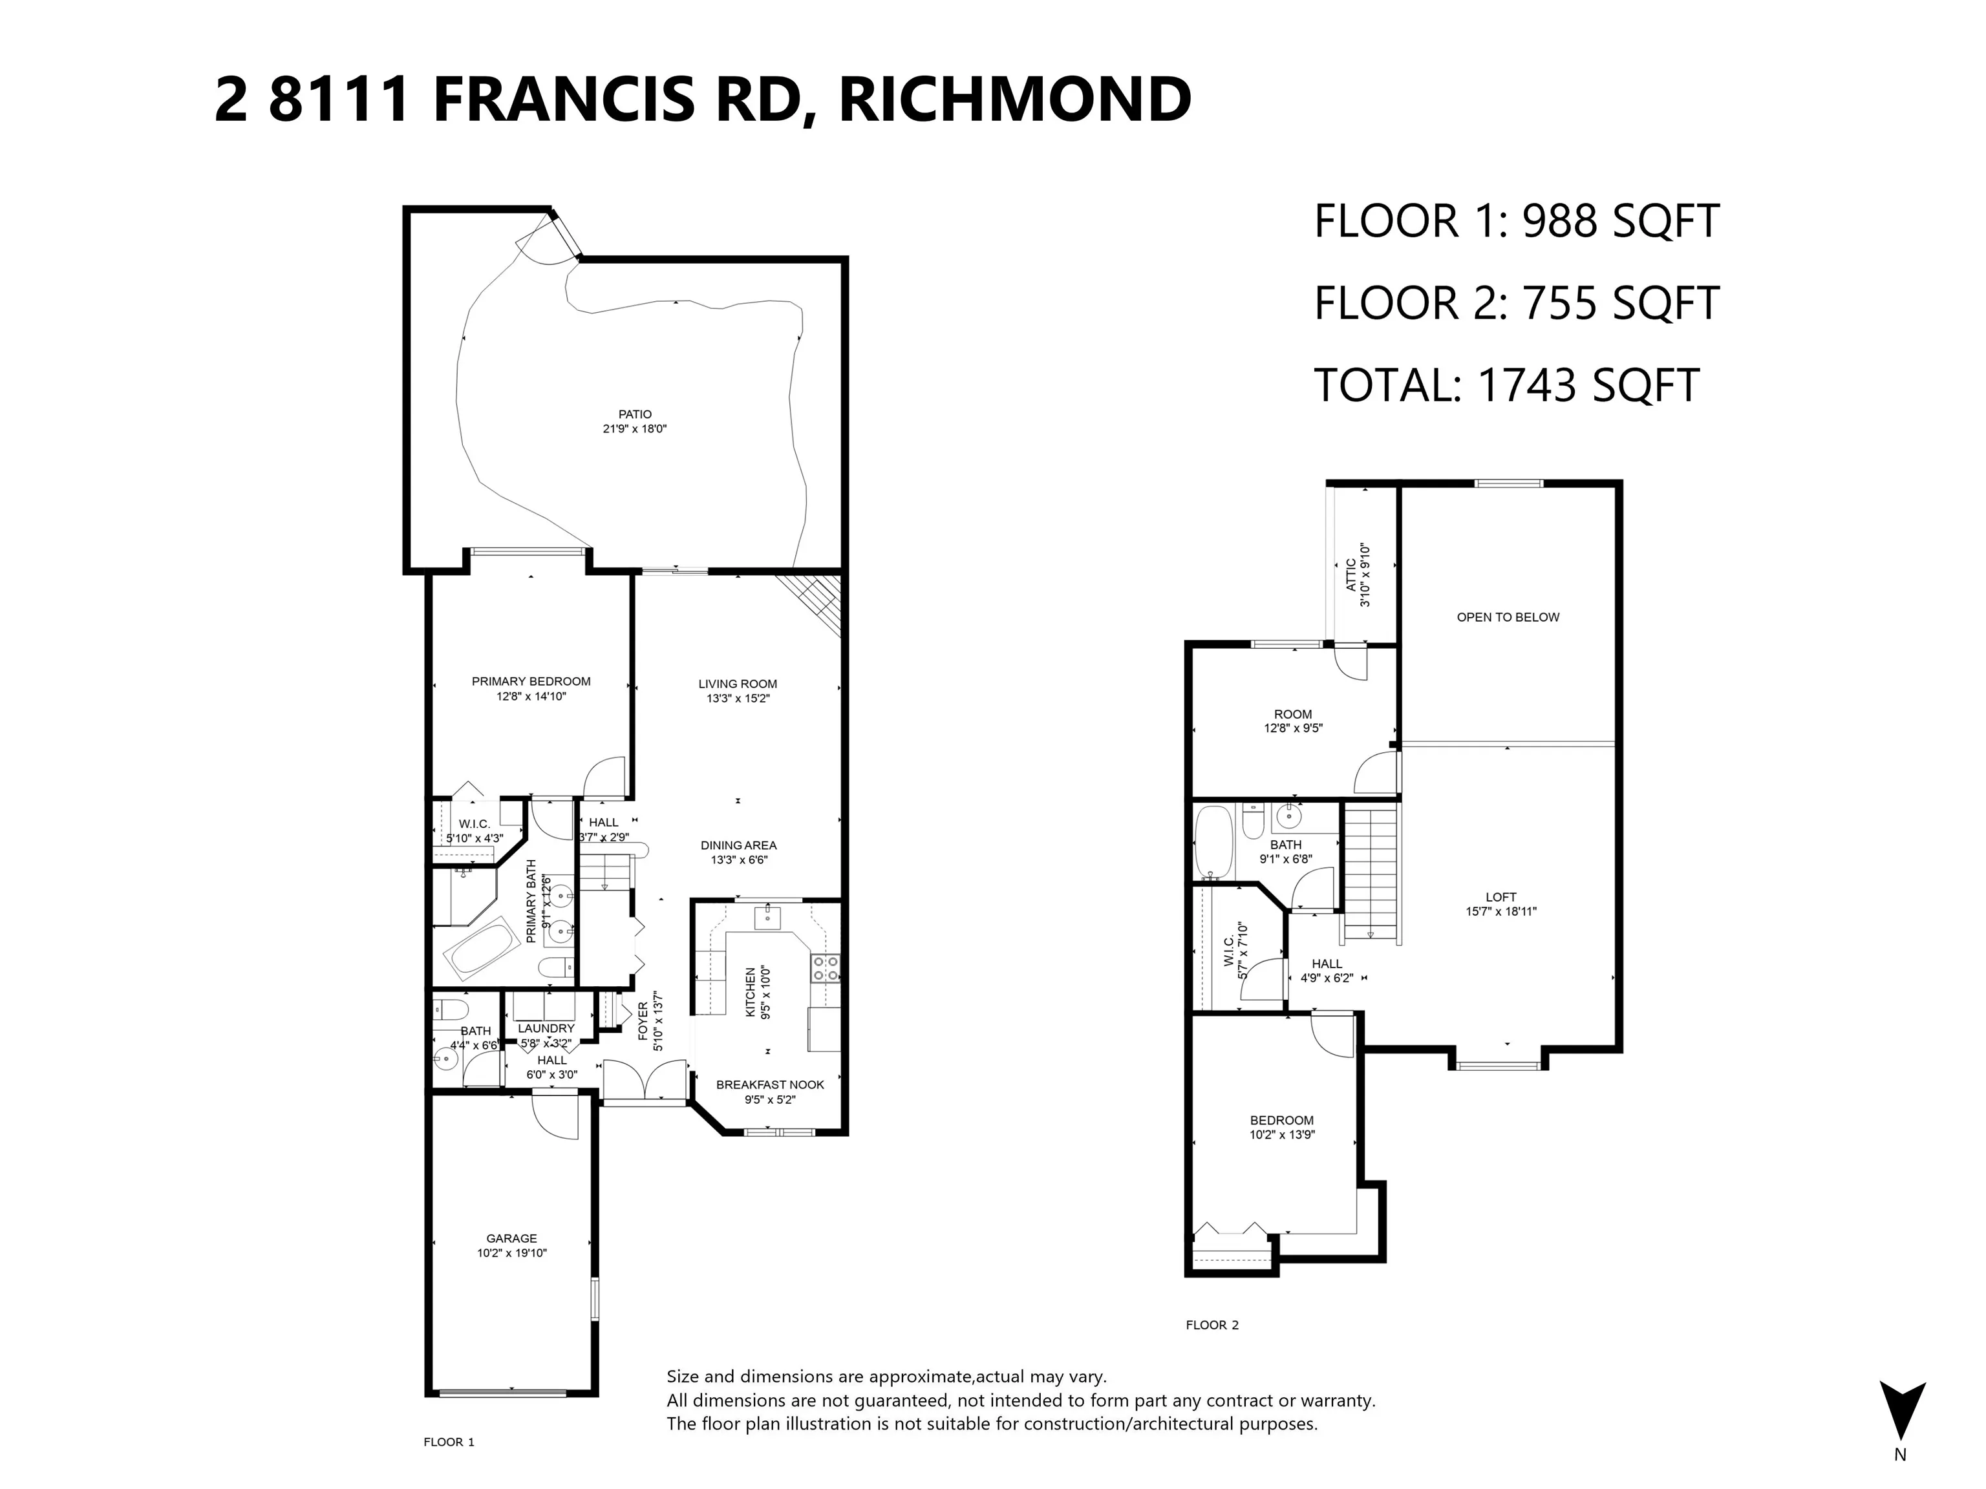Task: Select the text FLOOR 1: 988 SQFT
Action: pos(1515,222)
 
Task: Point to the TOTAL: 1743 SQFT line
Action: pos(1506,385)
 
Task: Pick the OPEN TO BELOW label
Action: pos(1508,617)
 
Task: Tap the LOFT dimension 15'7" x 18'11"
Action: pos(1500,911)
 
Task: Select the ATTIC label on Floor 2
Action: pos(1351,575)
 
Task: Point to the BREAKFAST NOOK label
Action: pos(769,1084)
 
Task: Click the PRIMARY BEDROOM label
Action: pos(531,681)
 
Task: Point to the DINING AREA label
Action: pos(738,845)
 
